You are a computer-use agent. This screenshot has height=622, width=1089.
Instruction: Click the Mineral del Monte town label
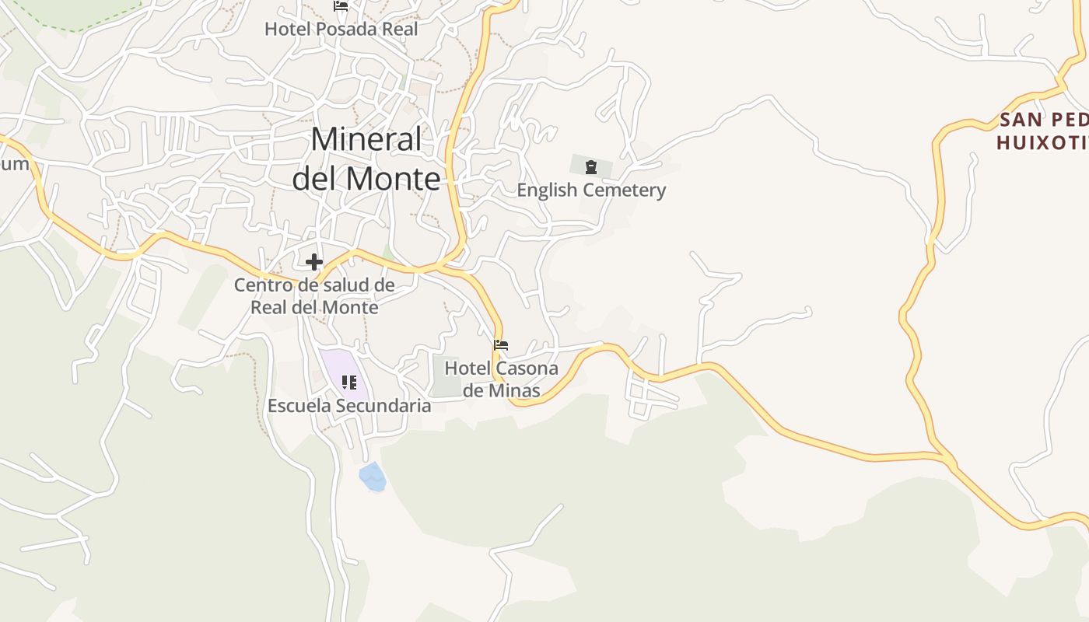366,159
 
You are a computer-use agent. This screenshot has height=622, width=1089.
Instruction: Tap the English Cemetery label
591,190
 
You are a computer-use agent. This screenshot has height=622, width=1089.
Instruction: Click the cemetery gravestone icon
591,166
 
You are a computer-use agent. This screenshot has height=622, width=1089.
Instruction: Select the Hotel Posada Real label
341,30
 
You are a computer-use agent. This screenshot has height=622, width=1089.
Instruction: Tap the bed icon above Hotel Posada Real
340,6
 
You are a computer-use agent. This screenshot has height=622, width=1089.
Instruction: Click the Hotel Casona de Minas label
501,379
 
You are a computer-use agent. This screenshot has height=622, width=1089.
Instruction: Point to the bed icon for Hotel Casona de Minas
501,344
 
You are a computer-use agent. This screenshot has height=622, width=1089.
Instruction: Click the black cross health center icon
314,262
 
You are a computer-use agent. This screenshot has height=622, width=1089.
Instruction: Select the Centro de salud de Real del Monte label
314,296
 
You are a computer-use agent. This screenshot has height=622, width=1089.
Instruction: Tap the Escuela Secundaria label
348,406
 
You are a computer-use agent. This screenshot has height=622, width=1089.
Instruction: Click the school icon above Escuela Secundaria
349,382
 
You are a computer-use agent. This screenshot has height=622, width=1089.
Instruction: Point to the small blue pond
373,477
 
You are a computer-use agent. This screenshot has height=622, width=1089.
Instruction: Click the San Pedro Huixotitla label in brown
1042,131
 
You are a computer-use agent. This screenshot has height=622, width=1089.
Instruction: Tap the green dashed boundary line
78,30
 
